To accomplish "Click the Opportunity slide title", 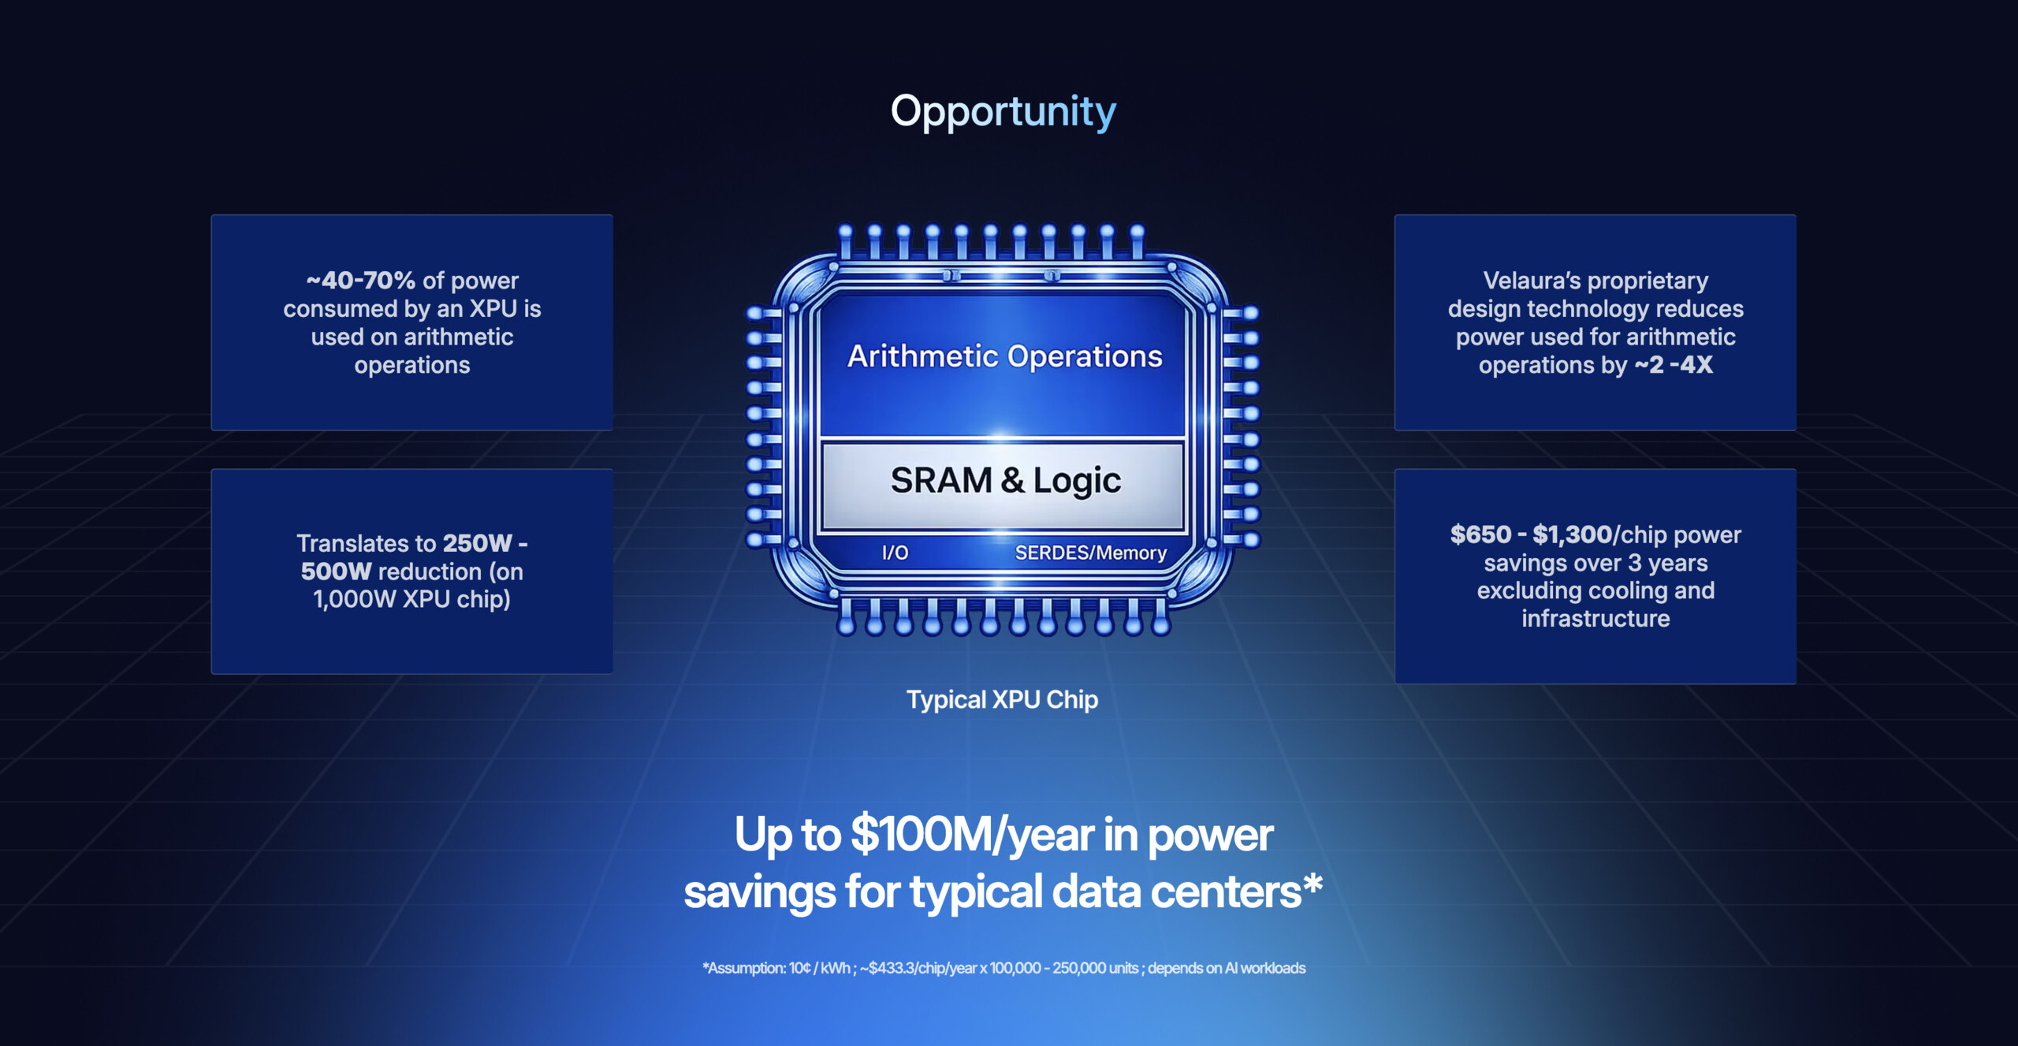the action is (1003, 112).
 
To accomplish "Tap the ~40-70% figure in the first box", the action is (360, 280).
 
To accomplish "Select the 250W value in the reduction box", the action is (478, 543).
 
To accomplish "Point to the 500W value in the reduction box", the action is (336, 571).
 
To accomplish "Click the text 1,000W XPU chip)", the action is (411, 599).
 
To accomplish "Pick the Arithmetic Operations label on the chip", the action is (1004, 356).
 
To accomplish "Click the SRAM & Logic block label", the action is (1005, 480).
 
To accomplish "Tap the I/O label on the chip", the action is (895, 553).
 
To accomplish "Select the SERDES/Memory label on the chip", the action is (1090, 553).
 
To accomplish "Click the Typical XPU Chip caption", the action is (1002, 699).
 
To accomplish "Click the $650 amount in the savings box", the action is (1480, 534).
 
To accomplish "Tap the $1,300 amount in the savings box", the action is (1572, 534).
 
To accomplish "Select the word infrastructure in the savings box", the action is (1595, 618).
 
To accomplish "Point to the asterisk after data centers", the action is (1312, 883).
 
